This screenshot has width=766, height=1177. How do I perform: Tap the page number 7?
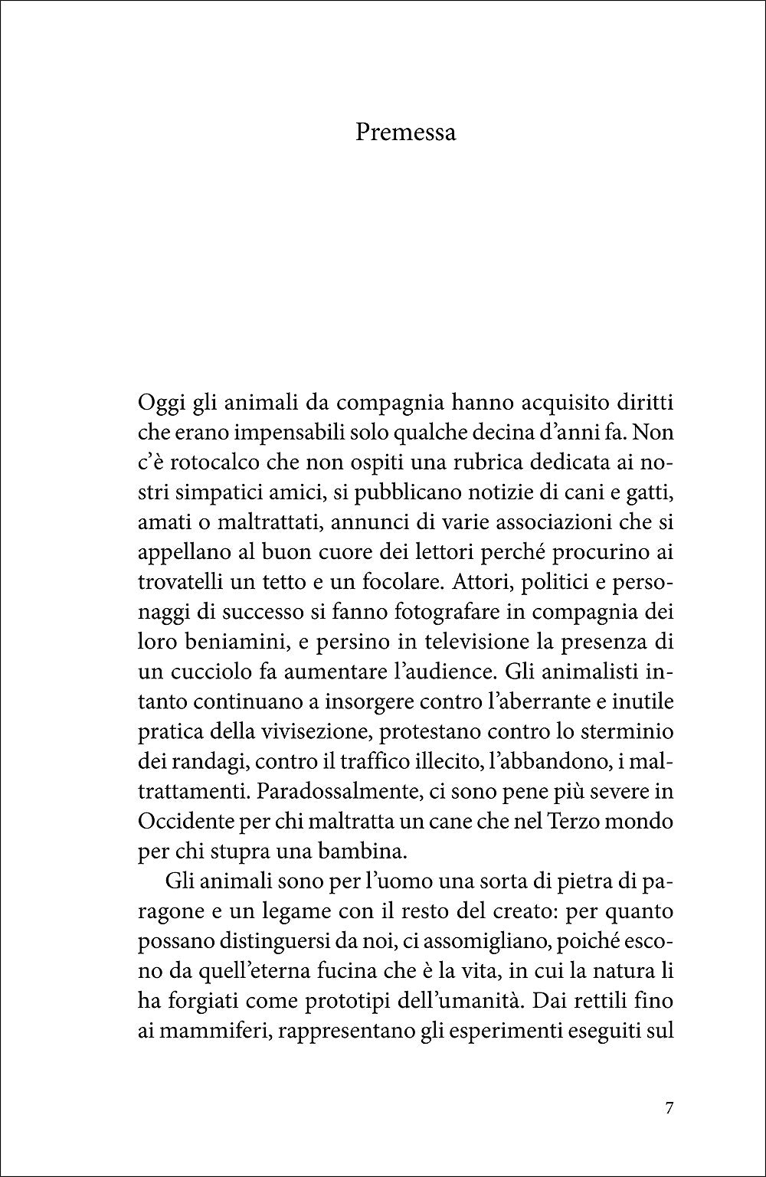pyautogui.click(x=669, y=1108)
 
